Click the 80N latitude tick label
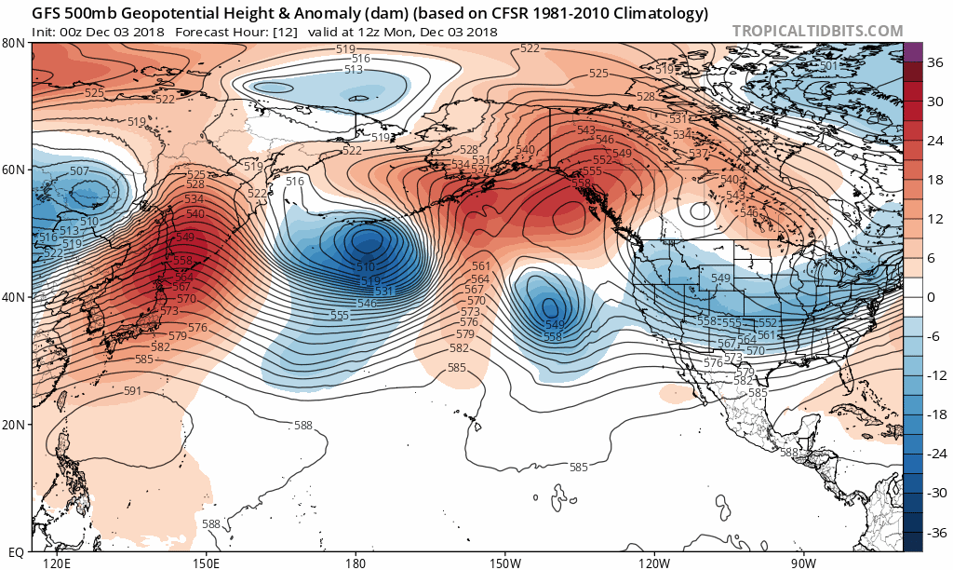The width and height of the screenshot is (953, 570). coord(13,43)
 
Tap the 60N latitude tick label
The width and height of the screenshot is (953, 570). coord(13,170)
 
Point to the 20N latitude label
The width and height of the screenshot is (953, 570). coord(13,424)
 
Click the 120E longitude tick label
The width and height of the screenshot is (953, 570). coord(57,563)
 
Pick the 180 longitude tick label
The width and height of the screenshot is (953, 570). coord(355,563)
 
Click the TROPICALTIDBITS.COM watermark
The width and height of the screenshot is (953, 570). coord(817,31)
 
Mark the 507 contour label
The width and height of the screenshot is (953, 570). coord(80,170)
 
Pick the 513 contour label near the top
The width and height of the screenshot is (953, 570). coord(354,70)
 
